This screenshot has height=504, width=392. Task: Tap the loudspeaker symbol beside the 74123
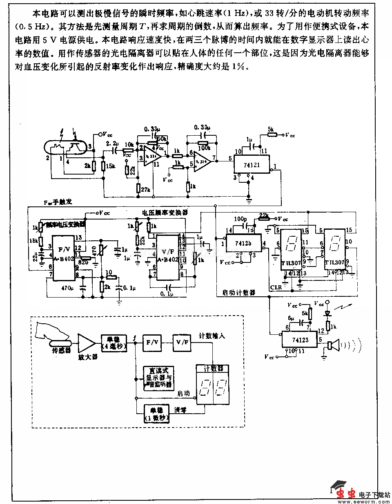(x=333, y=346)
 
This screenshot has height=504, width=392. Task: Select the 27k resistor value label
(x=146, y=190)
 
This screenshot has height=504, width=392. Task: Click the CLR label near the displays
(x=276, y=287)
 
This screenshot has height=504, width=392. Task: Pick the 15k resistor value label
(x=110, y=166)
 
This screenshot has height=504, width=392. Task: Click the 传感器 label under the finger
(x=61, y=351)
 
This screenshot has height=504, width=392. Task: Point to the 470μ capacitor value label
(x=67, y=287)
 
